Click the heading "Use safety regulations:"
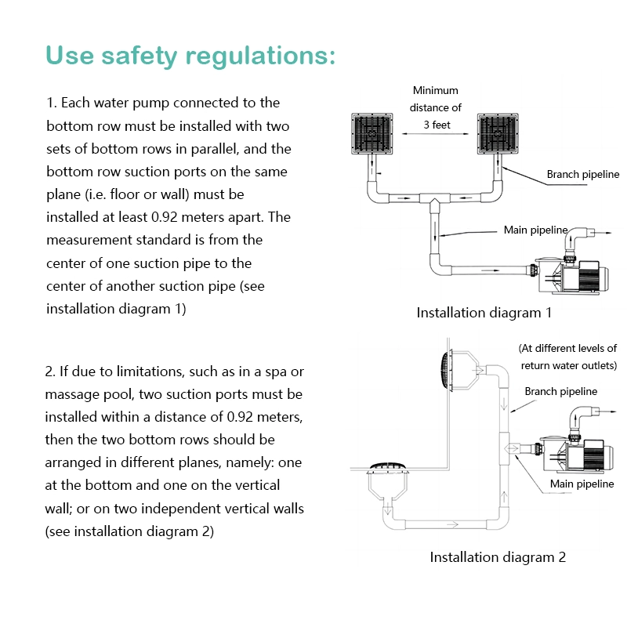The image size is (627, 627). (x=190, y=56)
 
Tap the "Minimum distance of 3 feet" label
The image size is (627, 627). (x=436, y=107)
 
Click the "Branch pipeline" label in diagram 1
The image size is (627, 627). (x=583, y=174)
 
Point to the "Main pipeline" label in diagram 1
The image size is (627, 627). (x=535, y=230)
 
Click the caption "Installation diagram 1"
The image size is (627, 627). (x=484, y=313)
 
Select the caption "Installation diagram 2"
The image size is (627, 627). (x=497, y=557)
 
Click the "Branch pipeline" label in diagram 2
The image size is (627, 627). (x=560, y=391)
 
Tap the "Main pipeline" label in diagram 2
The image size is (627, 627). (x=582, y=484)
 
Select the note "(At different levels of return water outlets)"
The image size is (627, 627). (x=567, y=357)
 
